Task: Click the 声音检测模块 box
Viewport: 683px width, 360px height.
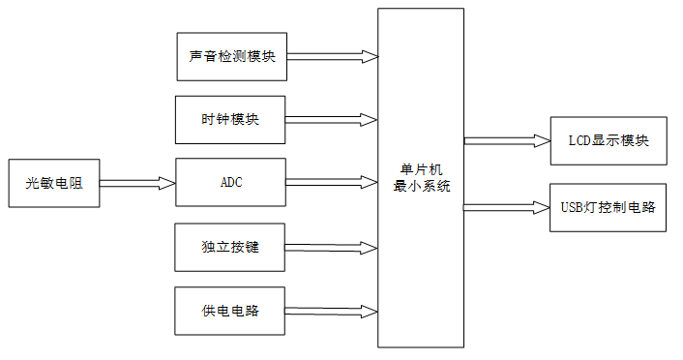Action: click(232, 55)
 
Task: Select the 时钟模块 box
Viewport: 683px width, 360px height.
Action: click(230, 120)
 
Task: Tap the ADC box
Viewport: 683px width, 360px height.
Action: click(230, 182)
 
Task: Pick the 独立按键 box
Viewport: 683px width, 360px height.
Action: click(230, 247)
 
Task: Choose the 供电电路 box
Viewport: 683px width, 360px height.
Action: click(230, 311)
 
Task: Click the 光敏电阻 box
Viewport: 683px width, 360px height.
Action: click(54, 182)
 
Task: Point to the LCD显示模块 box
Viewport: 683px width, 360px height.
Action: click(609, 140)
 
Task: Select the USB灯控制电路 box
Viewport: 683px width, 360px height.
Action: click(609, 206)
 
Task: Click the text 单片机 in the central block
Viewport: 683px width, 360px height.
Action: click(422, 170)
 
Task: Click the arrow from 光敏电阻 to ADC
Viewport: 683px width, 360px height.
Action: click(136, 182)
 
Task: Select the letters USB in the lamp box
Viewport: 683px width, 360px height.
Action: click(571, 206)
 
